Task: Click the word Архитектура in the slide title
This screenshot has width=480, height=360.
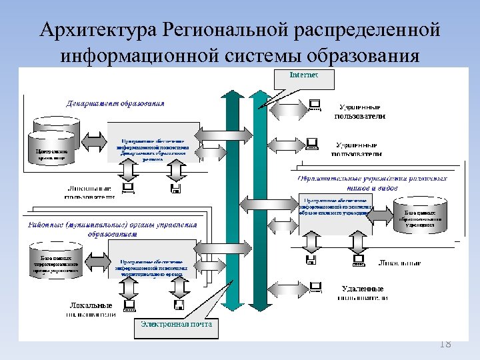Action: (x=90, y=30)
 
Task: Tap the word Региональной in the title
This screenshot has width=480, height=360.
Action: (x=211, y=30)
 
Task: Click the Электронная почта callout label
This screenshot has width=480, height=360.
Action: (x=176, y=325)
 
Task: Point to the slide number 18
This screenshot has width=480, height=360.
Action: (x=445, y=344)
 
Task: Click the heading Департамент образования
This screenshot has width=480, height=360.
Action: (x=115, y=103)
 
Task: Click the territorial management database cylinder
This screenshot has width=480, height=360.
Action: (x=56, y=263)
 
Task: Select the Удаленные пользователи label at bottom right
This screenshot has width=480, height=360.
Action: (x=362, y=293)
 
